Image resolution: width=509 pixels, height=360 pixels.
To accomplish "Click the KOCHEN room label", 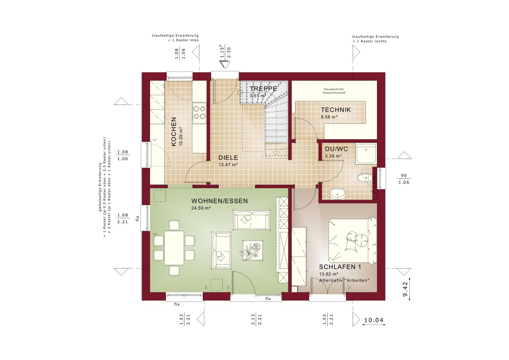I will (x=174, y=132).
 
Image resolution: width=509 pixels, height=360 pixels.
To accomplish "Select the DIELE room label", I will (x=228, y=158).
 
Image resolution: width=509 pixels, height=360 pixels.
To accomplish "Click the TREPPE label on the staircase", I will (x=263, y=88).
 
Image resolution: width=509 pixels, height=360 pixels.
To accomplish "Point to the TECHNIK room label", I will (x=336, y=110).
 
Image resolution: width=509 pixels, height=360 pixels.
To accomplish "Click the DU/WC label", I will (x=336, y=149).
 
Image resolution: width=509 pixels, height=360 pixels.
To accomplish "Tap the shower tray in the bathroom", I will (x=366, y=153).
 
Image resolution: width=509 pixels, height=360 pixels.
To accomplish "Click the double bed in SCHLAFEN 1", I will (x=352, y=240).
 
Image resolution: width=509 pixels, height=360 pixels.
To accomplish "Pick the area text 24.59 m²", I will (x=201, y=208).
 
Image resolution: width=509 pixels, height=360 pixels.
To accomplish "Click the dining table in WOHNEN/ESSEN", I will (x=174, y=247).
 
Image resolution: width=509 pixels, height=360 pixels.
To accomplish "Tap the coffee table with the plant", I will (x=251, y=250).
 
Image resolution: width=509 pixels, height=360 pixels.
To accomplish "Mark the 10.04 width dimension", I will (x=374, y=320).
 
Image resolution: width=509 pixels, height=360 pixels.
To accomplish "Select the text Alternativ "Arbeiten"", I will (x=344, y=280).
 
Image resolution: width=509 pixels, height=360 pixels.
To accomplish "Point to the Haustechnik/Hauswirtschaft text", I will (x=334, y=91).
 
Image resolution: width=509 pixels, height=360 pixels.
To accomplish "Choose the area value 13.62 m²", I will (x=329, y=274).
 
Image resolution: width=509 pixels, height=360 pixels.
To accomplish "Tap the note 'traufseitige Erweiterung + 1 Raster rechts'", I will (x=375, y=39).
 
